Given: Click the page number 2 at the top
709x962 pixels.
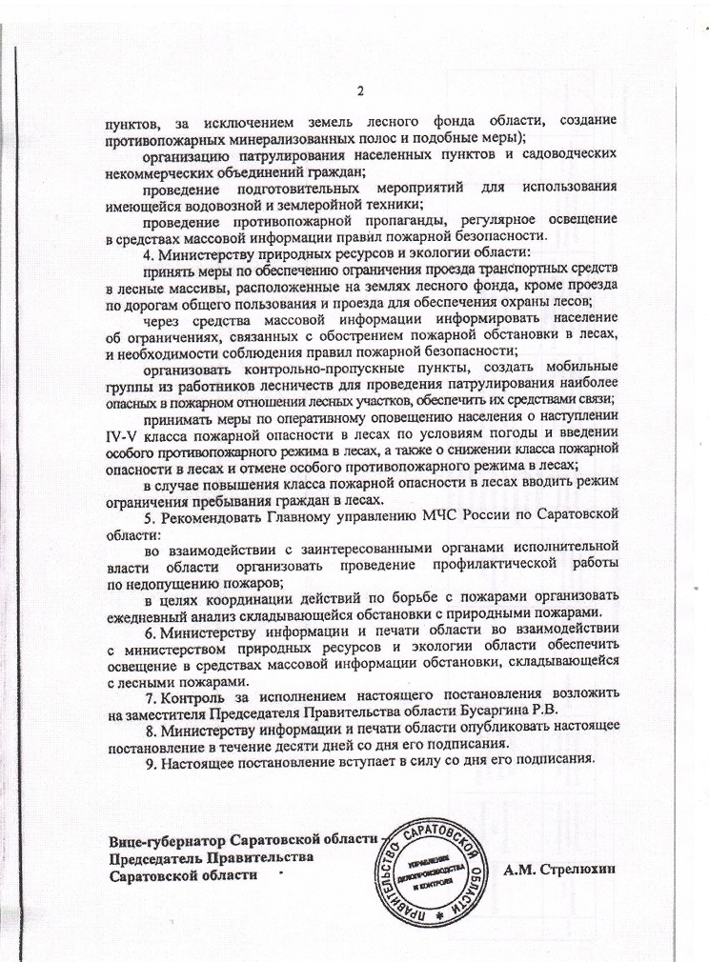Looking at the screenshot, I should coord(360,91).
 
